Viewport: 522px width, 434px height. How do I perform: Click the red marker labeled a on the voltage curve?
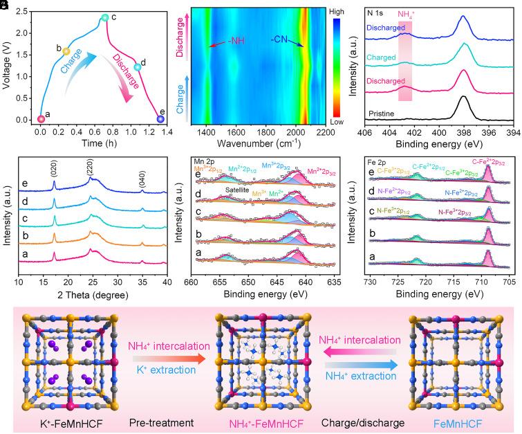point(41,119)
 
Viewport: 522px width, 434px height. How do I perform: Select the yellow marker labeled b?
point(66,51)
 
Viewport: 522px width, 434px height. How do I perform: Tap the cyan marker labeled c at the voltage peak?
point(104,17)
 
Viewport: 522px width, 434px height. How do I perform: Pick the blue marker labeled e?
point(161,119)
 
